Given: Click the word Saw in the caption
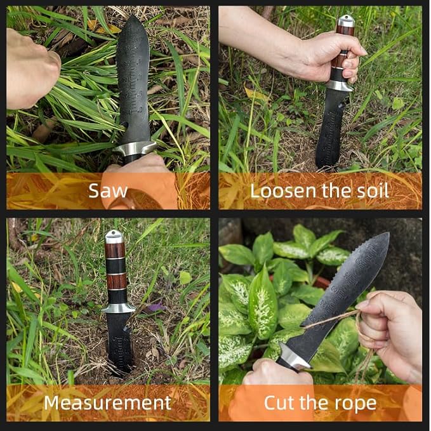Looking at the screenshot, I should point(108,190).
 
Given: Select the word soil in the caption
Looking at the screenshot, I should point(371,190).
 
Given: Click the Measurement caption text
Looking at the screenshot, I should point(107,402).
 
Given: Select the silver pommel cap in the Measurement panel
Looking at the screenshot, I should point(114,236).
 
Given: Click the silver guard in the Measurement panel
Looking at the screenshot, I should point(118,308).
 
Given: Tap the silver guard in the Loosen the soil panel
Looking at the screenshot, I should point(340,85).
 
